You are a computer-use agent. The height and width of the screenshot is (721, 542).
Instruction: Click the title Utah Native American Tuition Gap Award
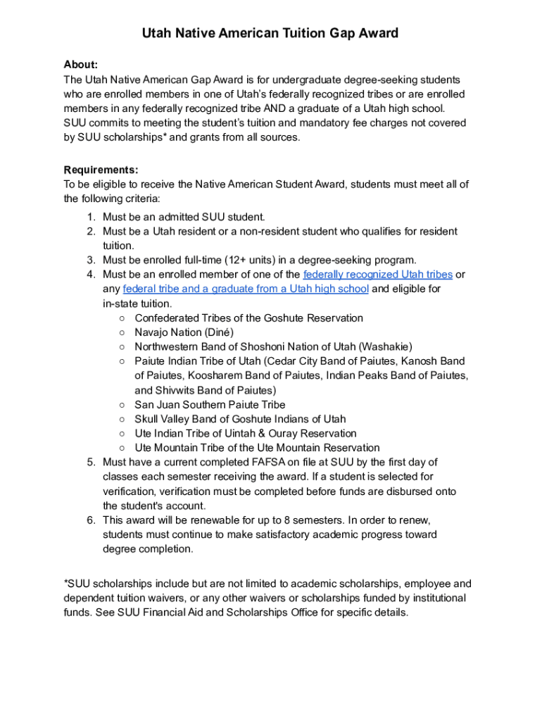point(270,33)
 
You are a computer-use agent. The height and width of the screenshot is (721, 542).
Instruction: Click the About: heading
point(81,65)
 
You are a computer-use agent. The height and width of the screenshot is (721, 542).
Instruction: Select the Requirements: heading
point(101,170)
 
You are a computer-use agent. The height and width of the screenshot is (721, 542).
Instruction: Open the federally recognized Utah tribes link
point(377,275)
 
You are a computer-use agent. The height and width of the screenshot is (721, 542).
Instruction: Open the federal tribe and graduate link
point(246,289)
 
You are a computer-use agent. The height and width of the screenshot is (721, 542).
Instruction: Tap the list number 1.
point(91,217)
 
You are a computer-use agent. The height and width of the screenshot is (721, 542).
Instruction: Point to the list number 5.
point(91,463)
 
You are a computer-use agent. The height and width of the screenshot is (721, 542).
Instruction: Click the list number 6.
point(91,520)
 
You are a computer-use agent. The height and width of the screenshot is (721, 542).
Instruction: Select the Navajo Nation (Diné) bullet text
point(184,332)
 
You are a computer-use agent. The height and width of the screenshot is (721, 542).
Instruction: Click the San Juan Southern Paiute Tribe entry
point(210,405)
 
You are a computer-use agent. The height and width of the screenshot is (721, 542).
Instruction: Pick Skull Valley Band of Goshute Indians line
point(240,419)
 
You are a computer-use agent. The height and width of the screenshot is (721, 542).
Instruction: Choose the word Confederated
point(167,318)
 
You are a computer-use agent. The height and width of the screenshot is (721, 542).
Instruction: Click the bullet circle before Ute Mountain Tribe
point(122,448)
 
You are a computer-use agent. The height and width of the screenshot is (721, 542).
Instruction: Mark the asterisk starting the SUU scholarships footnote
point(66,583)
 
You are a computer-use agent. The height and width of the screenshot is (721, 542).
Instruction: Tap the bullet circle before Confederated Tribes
point(122,318)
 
